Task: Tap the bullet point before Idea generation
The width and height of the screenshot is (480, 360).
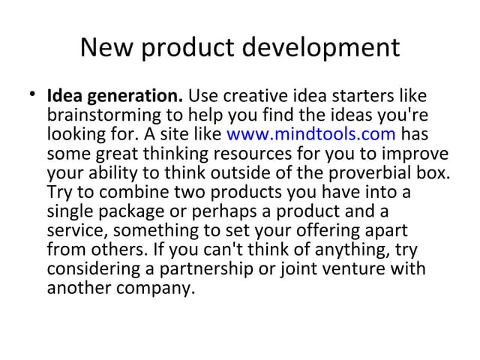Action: point(32,96)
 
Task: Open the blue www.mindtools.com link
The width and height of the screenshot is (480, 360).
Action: point(310,135)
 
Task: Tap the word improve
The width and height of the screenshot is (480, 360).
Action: point(420,154)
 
